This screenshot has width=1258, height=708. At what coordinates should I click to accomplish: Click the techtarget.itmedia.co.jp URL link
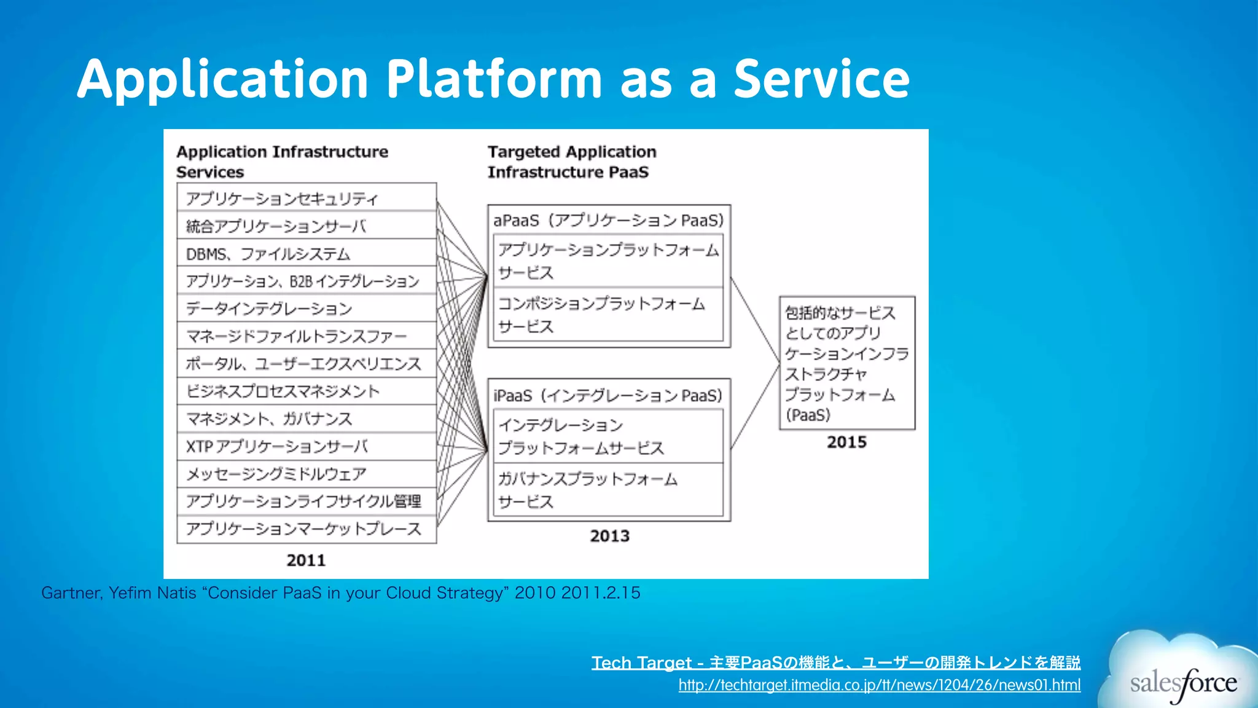click(x=879, y=685)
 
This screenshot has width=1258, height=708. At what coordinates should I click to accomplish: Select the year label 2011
click(x=306, y=560)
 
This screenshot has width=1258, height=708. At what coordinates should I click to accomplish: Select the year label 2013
click(x=609, y=536)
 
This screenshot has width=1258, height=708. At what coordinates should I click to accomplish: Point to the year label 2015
click(x=846, y=442)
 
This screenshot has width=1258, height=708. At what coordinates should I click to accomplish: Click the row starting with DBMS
click(x=306, y=254)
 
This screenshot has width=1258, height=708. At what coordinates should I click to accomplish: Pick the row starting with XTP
click(x=306, y=446)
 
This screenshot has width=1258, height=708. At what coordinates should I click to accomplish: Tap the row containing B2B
click(x=306, y=281)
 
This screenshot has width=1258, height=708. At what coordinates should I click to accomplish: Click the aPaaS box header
click(x=608, y=220)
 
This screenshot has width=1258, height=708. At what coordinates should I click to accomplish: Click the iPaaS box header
click(x=608, y=395)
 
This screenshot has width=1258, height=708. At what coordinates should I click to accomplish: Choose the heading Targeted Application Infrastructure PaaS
click(x=571, y=162)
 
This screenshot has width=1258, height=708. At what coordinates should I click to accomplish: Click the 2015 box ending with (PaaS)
click(x=846, y=363)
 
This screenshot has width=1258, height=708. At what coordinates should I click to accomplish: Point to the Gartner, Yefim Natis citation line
click(x=340, y=592)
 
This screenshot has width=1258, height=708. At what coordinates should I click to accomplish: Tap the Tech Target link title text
click(x=835, y=663)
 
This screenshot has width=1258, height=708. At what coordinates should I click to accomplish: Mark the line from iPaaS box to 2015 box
click(x=755, y=407)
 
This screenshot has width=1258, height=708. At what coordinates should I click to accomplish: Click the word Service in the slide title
click(x=821, y=80)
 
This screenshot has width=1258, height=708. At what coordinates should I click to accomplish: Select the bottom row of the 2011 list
click(x=306, y=529)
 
